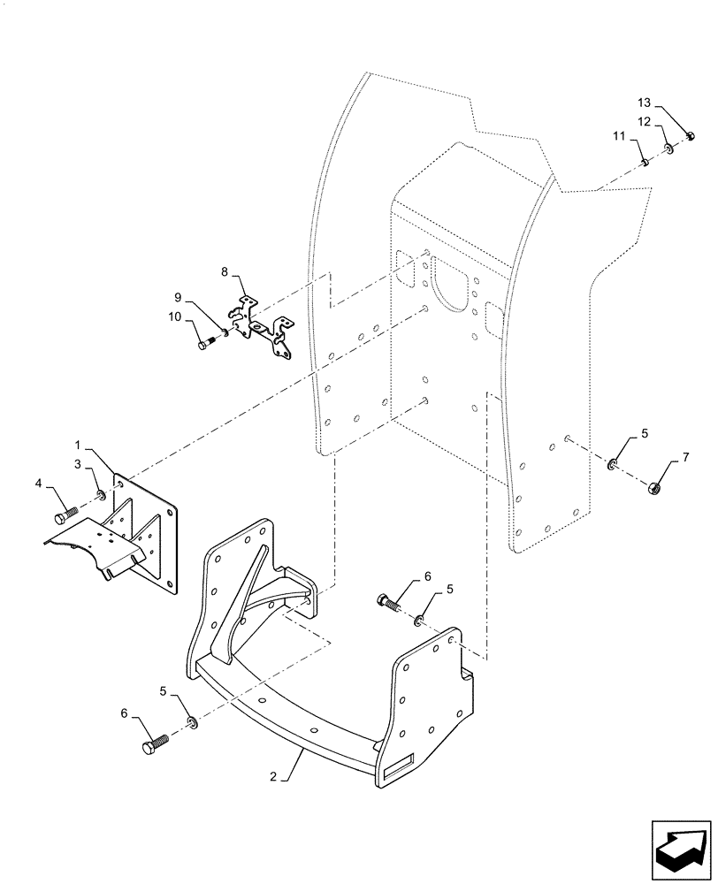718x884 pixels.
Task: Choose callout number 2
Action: click(x=274, y=777)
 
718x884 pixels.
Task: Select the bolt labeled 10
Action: click(x=207, y=343)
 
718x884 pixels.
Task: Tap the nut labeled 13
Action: click(x=691, y=136)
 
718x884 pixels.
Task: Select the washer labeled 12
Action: click(x=669, y=148)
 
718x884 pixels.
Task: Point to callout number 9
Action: click(x=178, y=296)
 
